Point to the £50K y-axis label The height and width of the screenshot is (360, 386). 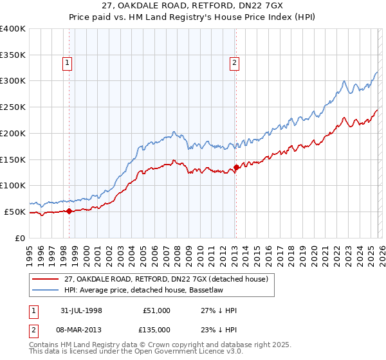[15, 212]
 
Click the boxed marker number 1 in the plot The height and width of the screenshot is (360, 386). [68, 62]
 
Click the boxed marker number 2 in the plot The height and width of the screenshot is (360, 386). [234, 62]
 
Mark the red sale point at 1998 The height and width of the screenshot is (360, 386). [69, 211]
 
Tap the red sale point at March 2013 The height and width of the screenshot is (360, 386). [235, 167]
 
